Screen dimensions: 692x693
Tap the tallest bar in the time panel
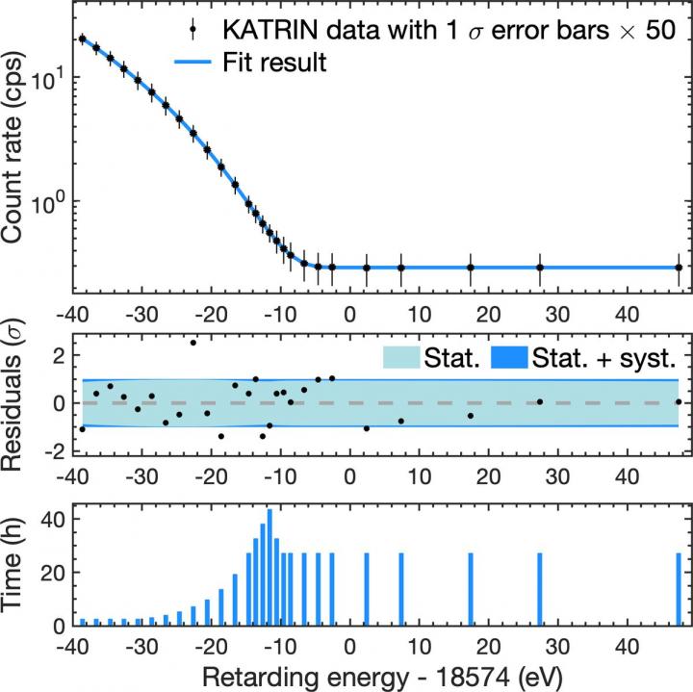coord(269,568)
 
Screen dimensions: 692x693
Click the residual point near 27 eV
coord(540,401)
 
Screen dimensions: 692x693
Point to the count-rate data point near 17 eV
coord(471,268)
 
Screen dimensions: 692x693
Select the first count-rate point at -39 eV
coord(82,39)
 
